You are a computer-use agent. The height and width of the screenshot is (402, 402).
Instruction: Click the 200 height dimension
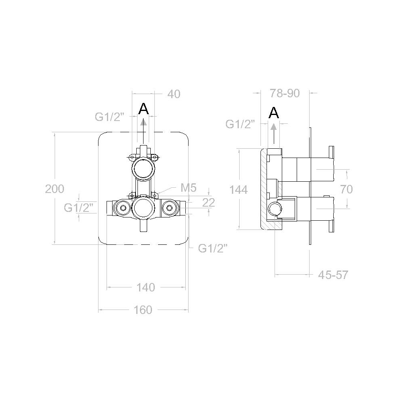[x=55, y=189]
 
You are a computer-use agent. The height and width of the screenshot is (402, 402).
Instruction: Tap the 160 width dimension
[x=143, y=310]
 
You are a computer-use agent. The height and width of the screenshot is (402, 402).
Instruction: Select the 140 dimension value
[x=146, y=287]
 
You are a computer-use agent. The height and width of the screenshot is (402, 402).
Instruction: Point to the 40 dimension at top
[x=174, y=94]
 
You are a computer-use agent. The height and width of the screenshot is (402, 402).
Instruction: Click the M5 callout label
[x=189, y=188]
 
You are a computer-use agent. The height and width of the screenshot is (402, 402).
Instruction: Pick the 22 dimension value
[x=209, y=203]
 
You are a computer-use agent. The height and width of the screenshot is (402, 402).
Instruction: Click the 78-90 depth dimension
[x=285, y=93]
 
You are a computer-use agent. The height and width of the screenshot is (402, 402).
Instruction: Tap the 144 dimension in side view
[x=238, y=190]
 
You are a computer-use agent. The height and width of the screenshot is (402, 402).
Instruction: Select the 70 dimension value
[x=347, y=189]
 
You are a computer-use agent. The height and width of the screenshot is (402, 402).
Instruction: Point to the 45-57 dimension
[x=333, y=275]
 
